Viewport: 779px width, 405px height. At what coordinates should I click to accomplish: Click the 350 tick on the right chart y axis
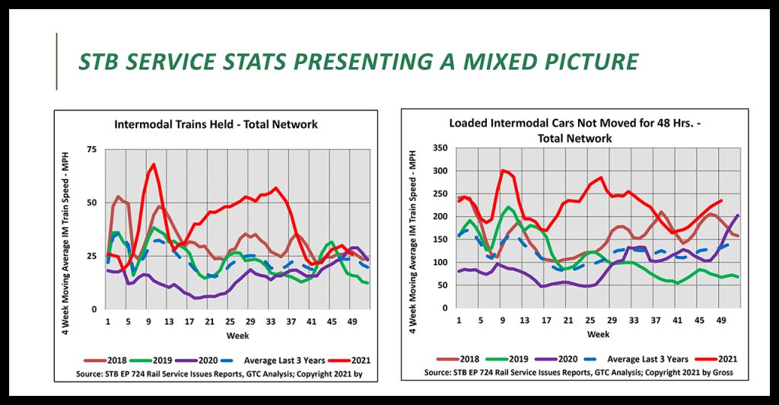[440, 148]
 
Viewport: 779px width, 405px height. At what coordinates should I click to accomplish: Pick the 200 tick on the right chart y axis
[440, 216]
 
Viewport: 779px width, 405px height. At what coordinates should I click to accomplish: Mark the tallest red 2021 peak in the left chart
[154, 164]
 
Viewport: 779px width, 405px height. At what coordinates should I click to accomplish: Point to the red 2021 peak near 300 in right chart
[502, 171]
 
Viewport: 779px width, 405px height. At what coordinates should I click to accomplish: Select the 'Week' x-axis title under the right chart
[598, 334]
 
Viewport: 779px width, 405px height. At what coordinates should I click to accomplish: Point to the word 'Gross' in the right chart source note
[727, 373]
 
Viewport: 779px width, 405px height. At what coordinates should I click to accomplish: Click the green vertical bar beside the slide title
[57, 61]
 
